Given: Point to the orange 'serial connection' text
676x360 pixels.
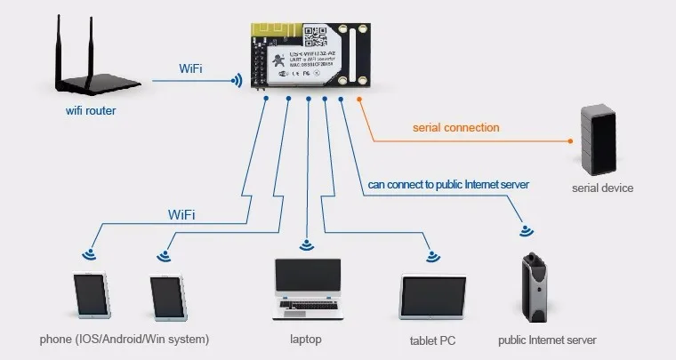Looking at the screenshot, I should (x=455, y=127).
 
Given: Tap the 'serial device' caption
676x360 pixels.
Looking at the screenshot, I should (x=602, y=188).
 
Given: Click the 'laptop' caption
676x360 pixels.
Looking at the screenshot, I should (x=305, y=340).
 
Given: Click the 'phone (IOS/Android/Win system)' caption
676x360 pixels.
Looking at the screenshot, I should (x=125, y=340).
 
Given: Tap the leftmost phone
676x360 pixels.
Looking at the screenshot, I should (x=92, y=294).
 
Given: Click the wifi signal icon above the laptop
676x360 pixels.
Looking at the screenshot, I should (x=307, y=244).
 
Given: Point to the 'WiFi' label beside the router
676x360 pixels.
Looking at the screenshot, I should (x=195, y=68).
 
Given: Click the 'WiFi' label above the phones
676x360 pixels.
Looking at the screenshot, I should (x=182, y=214).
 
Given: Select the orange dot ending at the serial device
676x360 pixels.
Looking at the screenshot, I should (x=569, y=140).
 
